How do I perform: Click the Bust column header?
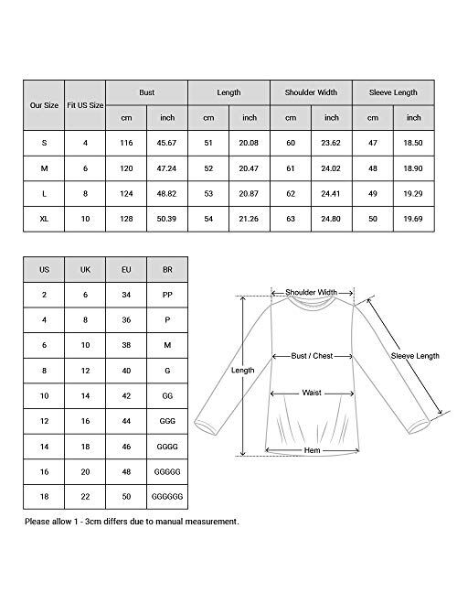coord(147,92)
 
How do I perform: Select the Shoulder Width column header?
coord(311,92)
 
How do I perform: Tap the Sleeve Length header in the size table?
coord(393,92)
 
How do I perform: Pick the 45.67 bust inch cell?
coord(167,144)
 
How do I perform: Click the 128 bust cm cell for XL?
coord(126,219)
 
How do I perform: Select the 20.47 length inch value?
coord(250,169)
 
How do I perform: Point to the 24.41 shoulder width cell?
coord(331,194)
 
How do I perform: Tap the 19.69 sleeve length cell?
coord(413,219)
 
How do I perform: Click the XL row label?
coord(44,219)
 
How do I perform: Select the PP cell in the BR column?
coord(165,296)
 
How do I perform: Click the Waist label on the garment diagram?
coord(312,393)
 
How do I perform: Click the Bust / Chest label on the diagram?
coord(312,354)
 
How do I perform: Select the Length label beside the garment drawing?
coord(242,371)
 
